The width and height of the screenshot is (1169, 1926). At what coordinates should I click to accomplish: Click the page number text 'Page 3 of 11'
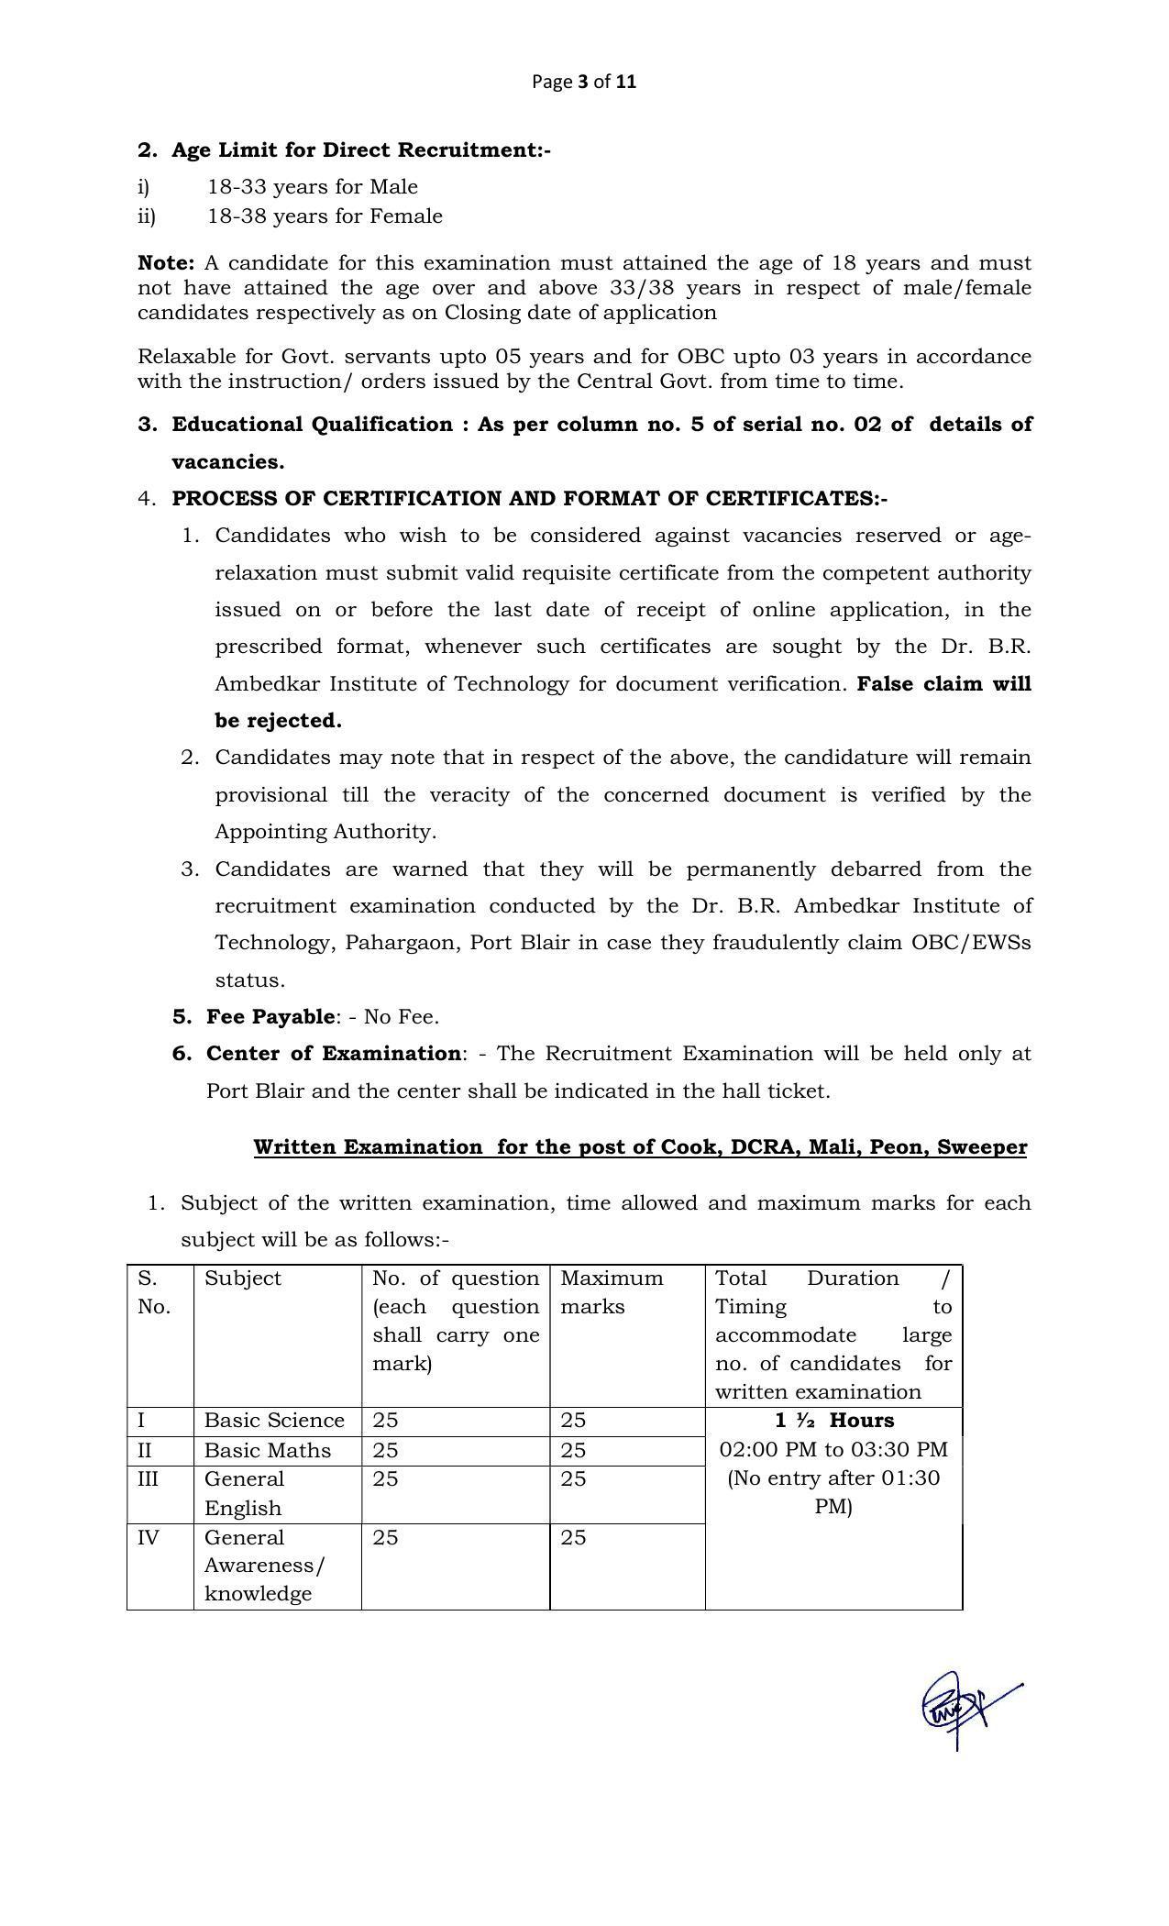click(x=584, y=82)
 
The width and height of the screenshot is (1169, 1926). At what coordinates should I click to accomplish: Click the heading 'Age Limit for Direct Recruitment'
click(x=360, y=149)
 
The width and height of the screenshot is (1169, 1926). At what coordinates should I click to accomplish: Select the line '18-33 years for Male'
click(x=312, y=187)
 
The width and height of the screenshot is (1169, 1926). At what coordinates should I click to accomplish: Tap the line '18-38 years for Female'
click(x=325, y=216)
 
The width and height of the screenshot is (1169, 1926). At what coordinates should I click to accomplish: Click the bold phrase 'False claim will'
click(x=943, y=684)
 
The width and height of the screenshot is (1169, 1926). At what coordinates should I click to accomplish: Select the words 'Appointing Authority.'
click(x=325, y=832)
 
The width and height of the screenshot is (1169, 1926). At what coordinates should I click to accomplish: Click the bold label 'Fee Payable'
click(x=270, y=1016)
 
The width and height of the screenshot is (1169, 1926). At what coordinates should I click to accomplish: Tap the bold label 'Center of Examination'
click(x=333, y=1054)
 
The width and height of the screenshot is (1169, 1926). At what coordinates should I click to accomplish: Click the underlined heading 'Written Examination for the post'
click(x=640, y=1147)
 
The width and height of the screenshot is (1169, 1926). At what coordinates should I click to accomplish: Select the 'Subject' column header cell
click(x=243, y=1278)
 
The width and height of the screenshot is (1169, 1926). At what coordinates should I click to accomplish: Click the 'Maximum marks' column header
click(x=611, y=1292)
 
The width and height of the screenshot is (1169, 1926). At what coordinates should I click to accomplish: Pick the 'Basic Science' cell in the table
click(x=274, y=1421)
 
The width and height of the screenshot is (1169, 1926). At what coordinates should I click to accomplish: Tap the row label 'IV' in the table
click(x=148, y=1538)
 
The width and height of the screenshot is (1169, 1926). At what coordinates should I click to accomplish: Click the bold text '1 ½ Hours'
click(x=833, y=1421)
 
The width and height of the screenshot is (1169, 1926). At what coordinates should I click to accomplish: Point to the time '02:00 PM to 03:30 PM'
click(x=833, y=1450)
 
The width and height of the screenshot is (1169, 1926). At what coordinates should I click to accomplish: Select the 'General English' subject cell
click(x=245, y=1494)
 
